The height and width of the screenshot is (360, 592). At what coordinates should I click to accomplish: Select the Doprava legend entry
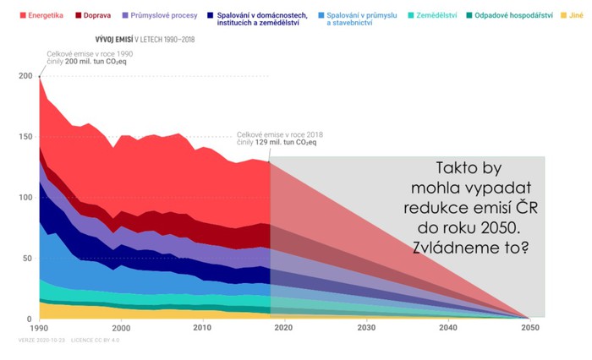[x=96, y=16]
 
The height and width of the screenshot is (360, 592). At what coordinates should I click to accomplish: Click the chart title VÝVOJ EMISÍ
[x=113, y=40]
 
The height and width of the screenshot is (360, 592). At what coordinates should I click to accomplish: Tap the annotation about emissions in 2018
[x=278, y=139]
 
